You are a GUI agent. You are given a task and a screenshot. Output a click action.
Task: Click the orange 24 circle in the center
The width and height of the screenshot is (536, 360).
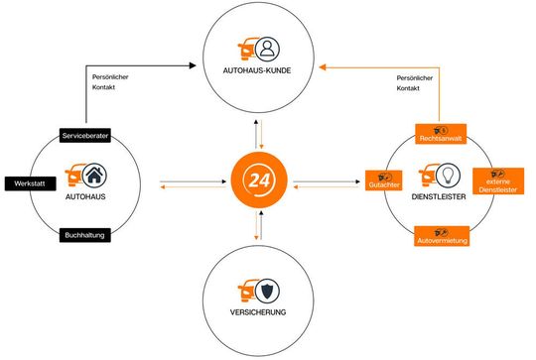coord(259,182)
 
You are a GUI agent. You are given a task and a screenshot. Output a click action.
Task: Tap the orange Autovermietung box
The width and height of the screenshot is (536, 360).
coord(443,238)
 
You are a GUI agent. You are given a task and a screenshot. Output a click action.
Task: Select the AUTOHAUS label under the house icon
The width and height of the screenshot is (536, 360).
coord(86,198)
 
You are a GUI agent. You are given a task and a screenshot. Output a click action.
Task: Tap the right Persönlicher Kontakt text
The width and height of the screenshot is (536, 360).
coord(416,83)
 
